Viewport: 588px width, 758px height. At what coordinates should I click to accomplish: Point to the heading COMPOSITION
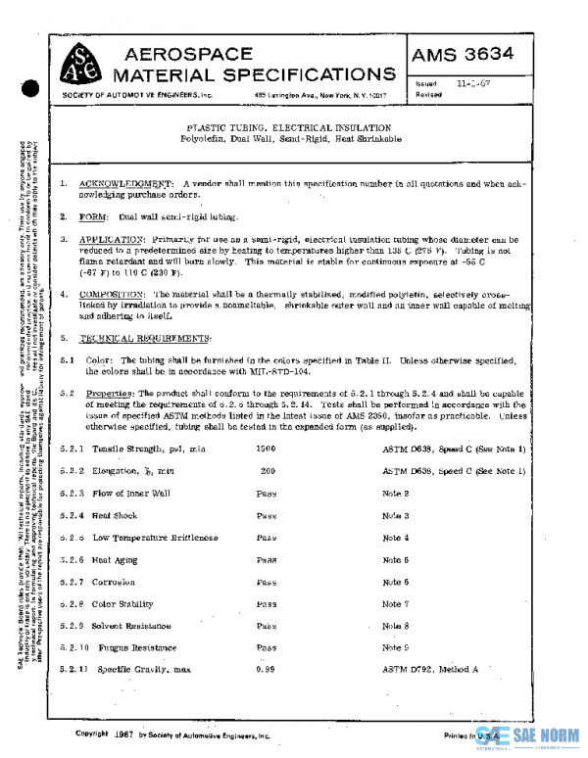[x=113, y=294]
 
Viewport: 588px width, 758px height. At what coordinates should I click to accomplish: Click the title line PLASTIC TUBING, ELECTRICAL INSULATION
[x=289, y=128]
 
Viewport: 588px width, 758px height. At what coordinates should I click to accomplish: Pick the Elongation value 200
[x=267, y=471]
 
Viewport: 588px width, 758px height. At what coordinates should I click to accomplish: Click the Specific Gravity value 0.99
[x=266, y=669]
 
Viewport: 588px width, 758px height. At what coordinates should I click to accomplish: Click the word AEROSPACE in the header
[x=183, y=54]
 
